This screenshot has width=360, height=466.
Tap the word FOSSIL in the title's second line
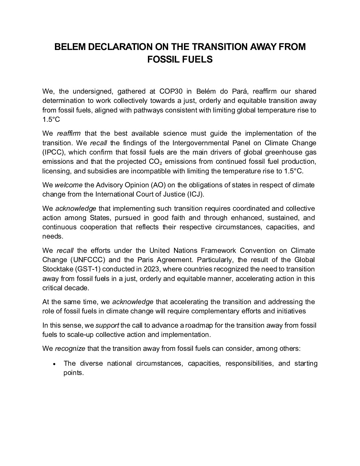pyautogui.click(x=163, y=60)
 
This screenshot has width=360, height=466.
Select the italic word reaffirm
pyautogui.click(x=68, y=134)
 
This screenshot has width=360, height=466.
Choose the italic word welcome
pyautogui.click(x=68, y=185)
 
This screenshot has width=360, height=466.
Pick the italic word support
pyautogui.click(x=107, y=325)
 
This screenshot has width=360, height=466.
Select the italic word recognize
pyautogui.click(x=70, y=349)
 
